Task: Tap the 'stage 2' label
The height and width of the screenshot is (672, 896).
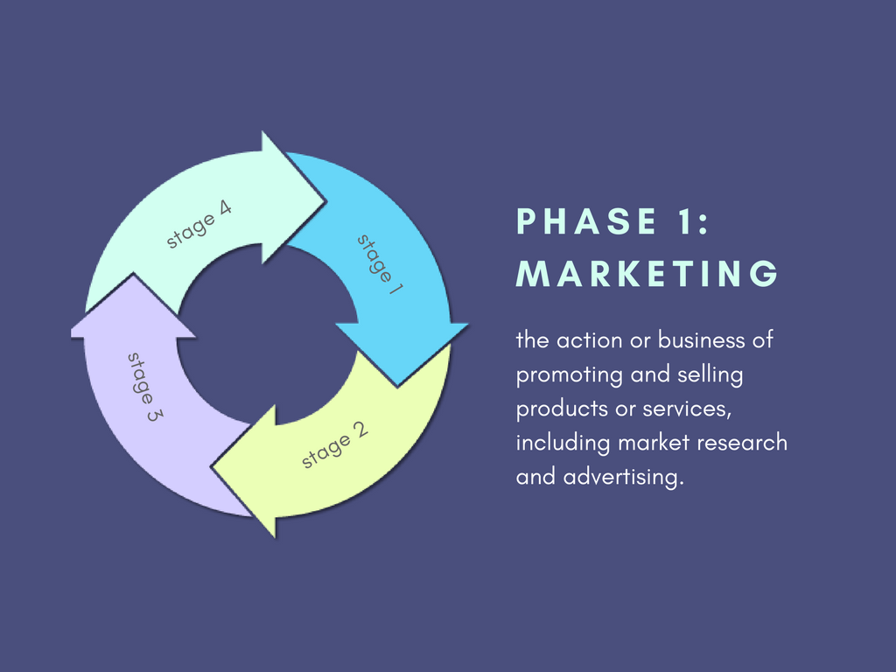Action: pyautogui.click(x=335, y=445)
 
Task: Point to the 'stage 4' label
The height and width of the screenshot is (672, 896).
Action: pyautogui.click(x=199, y=225)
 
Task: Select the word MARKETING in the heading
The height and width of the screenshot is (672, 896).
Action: pyautogui.click(x=647, y=274)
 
